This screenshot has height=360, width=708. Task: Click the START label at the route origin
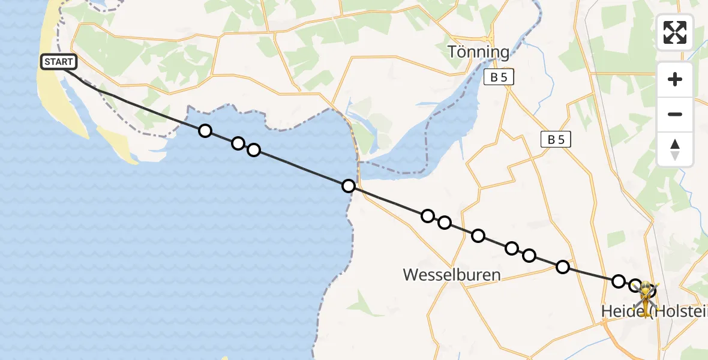pos(59,61)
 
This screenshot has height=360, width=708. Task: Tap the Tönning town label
pos(478,52)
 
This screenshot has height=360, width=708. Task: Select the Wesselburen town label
pos(452,275)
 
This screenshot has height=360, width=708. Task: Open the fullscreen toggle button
pos(675,32)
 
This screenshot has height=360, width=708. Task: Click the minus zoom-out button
pos(675,114)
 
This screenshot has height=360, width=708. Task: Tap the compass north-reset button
pos(675,149)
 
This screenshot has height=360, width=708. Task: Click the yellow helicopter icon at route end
pos(646,296)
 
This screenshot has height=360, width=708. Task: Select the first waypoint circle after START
pos(205,131)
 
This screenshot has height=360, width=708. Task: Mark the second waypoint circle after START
pos(238,143)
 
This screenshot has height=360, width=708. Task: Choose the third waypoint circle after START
pos(254,150)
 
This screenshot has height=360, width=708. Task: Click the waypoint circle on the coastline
pos(348,186)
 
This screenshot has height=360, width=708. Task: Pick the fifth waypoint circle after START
pos(427,216)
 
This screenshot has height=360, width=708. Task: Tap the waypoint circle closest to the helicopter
pos(635,285)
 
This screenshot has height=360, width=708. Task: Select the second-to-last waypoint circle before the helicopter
pos(619,281)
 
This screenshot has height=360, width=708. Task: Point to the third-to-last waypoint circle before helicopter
pos(563,267)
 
